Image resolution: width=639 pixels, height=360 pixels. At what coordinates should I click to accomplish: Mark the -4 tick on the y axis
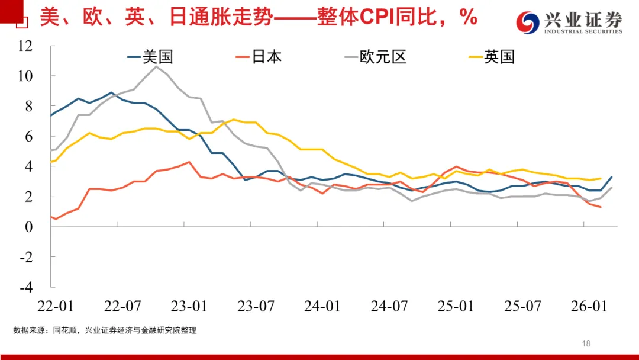coord(26,287)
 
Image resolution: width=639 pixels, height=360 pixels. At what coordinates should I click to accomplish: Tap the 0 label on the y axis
coord(30,227)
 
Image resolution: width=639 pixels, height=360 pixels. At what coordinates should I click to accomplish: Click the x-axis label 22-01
coord(55,306)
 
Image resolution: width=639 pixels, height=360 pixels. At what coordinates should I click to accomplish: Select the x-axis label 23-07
coord(256,306)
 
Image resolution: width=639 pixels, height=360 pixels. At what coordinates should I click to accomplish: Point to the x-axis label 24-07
coord(390,306)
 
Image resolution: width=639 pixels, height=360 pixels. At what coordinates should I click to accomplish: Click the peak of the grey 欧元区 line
coord(156,66)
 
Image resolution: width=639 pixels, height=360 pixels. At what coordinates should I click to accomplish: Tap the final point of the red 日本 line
coord(601,207)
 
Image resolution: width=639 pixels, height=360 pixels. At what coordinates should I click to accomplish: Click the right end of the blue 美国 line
coord(612,177)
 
